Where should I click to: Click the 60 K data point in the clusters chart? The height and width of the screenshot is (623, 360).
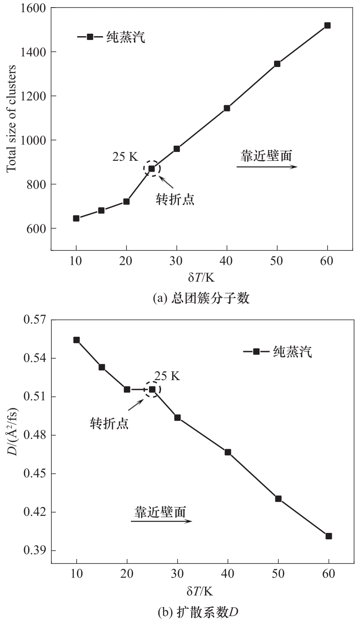tap(327, 25)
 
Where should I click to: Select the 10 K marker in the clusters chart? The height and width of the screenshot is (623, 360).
tap(76, 218)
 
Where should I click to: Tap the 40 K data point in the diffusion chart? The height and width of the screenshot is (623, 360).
tap(228, 452)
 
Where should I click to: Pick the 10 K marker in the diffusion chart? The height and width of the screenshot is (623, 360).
tap(77, 340)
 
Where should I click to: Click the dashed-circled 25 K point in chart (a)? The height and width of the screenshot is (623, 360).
tap(152, 169)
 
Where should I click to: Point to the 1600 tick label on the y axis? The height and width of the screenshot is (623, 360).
tap(34, 8)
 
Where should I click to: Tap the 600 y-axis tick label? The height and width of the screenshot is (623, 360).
tap(37, 229)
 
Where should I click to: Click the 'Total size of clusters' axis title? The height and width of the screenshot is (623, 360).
tap(12, 118)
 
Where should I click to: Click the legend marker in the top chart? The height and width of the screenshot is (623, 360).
tap(90, 37)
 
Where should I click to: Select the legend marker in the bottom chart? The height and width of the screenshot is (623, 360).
tap(256, 351)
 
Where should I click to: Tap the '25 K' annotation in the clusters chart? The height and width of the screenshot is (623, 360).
tap(125, 157)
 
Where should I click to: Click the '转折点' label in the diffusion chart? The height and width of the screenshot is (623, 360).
tap(109, 423)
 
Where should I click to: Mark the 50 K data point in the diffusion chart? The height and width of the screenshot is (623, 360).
tap(278, 498)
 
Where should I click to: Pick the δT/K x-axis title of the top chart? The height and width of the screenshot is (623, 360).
tap(201, 277)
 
